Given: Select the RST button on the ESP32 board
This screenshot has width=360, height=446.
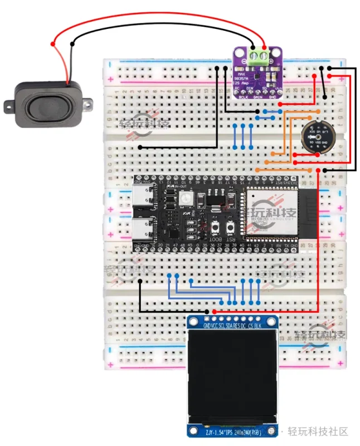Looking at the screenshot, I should tap(215, 228).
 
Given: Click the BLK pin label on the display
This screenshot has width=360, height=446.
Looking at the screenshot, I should tap(260, 326).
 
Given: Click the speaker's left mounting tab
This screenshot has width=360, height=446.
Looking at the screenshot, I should tap(9, 106).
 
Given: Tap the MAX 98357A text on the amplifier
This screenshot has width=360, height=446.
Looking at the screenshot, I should tap(242, 77).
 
